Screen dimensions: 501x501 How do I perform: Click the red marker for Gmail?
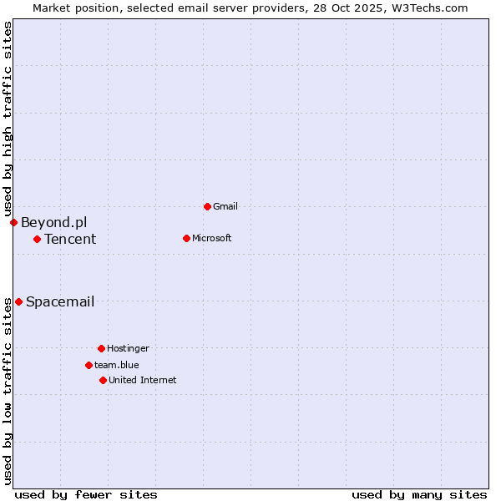pos(207,206)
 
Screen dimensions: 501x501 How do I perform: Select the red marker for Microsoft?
pos(186,238)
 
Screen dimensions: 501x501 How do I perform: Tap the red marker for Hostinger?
pos(101,348)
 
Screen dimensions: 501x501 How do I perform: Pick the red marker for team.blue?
pos(89,365)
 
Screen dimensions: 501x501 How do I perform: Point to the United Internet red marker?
pos(103,380)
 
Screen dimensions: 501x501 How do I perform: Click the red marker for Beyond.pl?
pos(13,222)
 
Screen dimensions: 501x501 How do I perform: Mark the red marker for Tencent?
pos(37,239)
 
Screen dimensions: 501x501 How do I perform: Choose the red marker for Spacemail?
pos(18,301)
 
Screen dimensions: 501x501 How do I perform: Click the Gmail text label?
pos(225,206)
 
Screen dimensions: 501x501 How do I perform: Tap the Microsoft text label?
pos(211,238)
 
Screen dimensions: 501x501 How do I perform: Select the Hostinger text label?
pos(128,348)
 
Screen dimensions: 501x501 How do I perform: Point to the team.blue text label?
pos(116,365)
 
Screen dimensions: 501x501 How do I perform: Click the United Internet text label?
pos(142,380)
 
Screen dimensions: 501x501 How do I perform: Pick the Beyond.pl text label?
pos(53,222)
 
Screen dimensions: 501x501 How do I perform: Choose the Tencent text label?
pos(70,240)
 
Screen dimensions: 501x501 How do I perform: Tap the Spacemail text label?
pos(60,301)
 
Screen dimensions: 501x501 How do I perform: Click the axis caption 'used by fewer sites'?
pos(86,494)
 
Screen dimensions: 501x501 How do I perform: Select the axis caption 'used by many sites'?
pos(419,494)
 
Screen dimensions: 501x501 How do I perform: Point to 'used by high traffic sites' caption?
pos(8,119)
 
